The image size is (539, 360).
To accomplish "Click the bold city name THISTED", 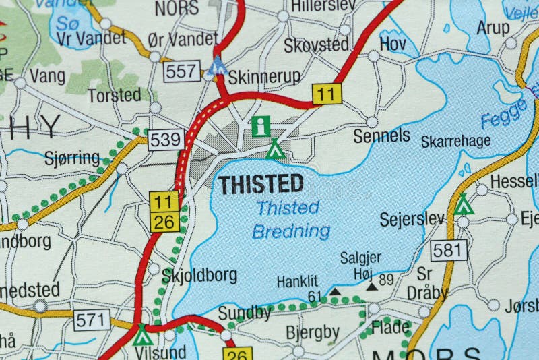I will pyautogui.click(x=260, y=184).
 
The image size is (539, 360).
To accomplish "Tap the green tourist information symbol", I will pyautogui.click(x=261, y=125).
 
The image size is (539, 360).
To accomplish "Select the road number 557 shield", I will pyautogui.click(x=182, y=70).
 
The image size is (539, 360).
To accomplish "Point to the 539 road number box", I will pyautogui.click(x=166, y=140).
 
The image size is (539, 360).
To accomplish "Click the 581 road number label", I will pyautogui.click(x=449, y=251).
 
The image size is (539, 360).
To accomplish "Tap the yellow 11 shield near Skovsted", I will pyautogui.click(x=327, y=94).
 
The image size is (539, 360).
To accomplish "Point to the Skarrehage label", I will pyautogui.click(x=455, y=141).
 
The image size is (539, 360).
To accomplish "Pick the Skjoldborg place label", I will pyautogui.click(x=199, y=275).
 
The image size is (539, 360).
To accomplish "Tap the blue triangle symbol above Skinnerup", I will pyautogui.click(x=217, y=66).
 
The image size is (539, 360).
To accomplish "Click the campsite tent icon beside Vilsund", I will pyautogui.click(x=143, y=334).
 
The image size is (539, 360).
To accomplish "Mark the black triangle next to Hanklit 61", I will pyautogui.click(x=334, y=292).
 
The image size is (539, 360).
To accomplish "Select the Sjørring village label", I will pyautogui.click(x=71, y=159).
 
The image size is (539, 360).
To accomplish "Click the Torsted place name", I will pyautogui.click(x=115, y=95).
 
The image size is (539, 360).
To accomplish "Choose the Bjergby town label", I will pyautogui.click(x=313, y=332).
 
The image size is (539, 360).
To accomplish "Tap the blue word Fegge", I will pyautogui.click(x=504, y=113).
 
